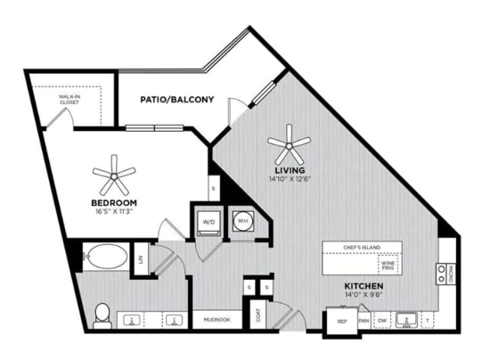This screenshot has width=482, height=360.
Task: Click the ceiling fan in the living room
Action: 290,142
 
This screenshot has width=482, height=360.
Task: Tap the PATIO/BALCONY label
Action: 176,100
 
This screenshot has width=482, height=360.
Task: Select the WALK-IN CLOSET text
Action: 69,100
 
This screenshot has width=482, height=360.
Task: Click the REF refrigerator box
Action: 341,321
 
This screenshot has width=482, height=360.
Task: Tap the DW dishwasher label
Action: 382,320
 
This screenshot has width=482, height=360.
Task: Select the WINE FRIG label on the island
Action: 388,266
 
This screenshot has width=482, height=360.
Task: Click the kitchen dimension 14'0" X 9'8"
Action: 364,295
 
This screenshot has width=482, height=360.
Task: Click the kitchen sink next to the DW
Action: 407,319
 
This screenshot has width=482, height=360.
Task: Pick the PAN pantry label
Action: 364,320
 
